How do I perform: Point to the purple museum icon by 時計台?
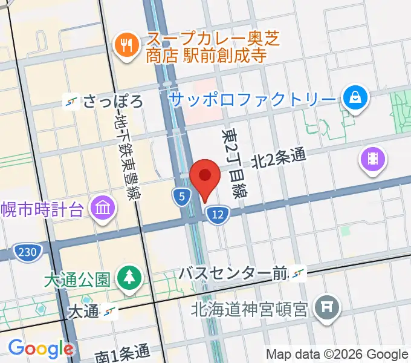coord(103,209)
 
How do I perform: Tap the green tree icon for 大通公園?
coord(129,278)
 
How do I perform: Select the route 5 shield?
coord(181,196)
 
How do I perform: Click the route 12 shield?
coord(218,214)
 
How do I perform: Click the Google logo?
coord(40,348)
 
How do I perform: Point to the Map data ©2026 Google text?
coord(337,353)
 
